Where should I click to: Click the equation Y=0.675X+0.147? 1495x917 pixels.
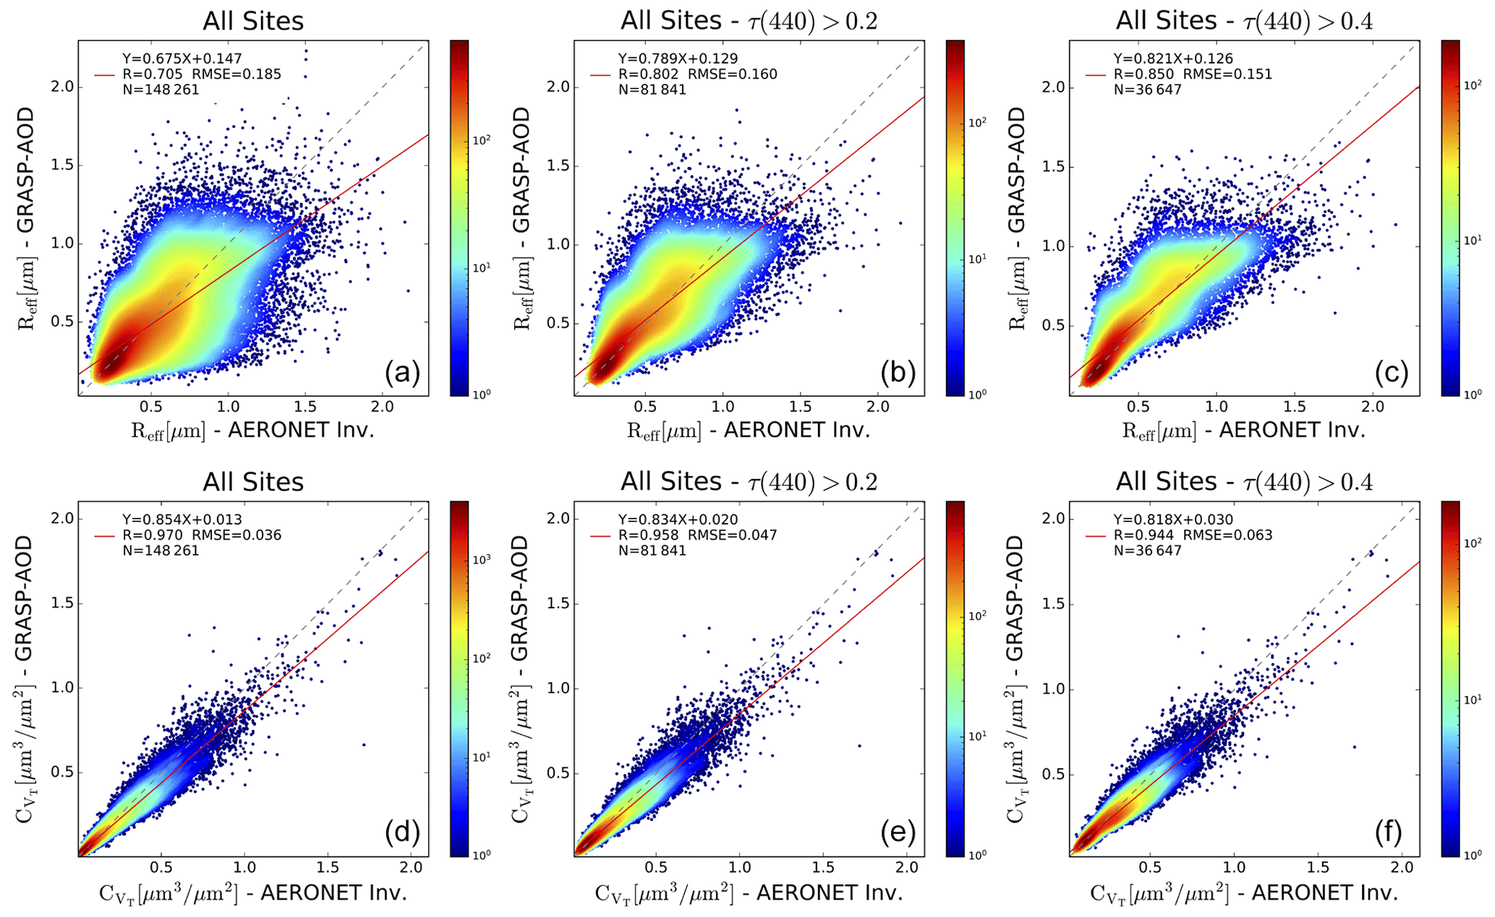(x=182, y=59)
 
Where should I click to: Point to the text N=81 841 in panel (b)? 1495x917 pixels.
(x=652, y=90)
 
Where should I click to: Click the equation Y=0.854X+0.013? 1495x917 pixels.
(x=182, y=519)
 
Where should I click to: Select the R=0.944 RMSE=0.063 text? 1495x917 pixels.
(x=1193, y=535)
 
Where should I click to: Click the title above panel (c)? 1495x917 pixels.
(x=1244, y=20)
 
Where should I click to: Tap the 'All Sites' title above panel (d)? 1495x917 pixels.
(x=253, y=482)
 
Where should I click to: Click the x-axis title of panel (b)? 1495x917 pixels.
(x=749, y=431)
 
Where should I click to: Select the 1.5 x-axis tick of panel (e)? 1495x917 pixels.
(x=822, y=868)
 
